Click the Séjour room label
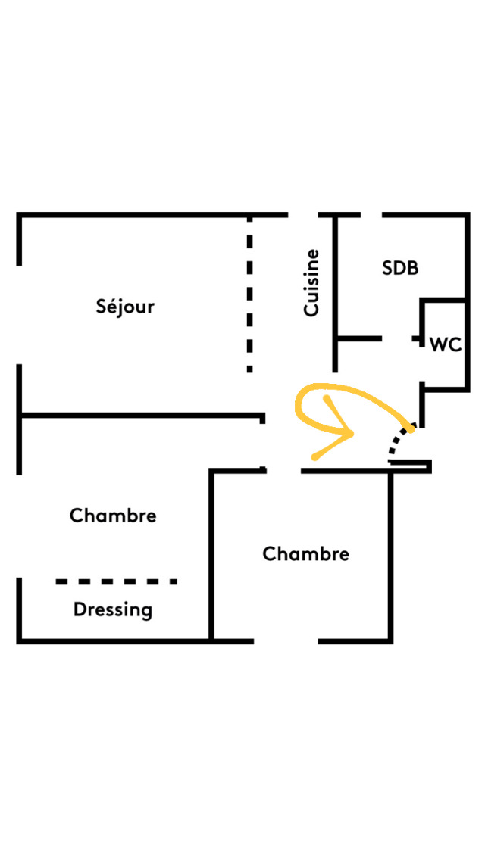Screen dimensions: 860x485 (x=125, y=307)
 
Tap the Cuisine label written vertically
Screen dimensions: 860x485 (x=311, y=283)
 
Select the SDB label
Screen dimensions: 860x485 (x=400, y=268)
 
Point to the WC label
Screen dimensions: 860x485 (x=446, y=344)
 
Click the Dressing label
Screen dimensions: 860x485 (x=113, y=609)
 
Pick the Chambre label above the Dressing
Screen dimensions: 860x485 (x=113, y=516)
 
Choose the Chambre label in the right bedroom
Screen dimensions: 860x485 (x=306, y=554)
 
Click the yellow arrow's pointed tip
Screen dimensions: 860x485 (x=353, y=434)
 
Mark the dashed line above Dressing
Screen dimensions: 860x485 (x=116, y=581)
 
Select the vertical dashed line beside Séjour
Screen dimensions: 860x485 (x=249, y=295)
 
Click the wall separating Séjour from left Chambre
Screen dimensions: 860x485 (x=140, y=415)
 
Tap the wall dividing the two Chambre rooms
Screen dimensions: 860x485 (x=211, y=556)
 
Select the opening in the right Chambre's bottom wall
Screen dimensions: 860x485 (x=286, y=641)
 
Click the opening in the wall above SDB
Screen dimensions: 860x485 (x=371, y=215)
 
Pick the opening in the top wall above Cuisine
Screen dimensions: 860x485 (x=303, y=215)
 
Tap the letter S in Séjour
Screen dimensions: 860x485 (x=102, y=307)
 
